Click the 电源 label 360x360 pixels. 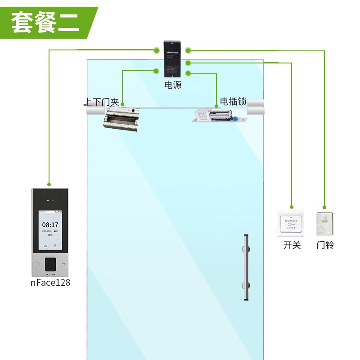pos(173,85)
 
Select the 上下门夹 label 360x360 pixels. pos(102,102)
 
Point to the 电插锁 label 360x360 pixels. pos(234,102)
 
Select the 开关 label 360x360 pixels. pos(292,245)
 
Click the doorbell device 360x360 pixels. pos(325,224)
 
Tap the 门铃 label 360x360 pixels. pos(325,245)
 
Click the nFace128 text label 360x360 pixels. pos(50,283)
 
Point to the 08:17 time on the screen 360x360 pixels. pos(50,225)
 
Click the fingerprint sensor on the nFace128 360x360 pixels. pos(50,263)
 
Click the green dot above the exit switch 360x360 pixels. pos(292,207)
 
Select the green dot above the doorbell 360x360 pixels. pos(324,207)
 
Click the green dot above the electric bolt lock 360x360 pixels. pos(216,107)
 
